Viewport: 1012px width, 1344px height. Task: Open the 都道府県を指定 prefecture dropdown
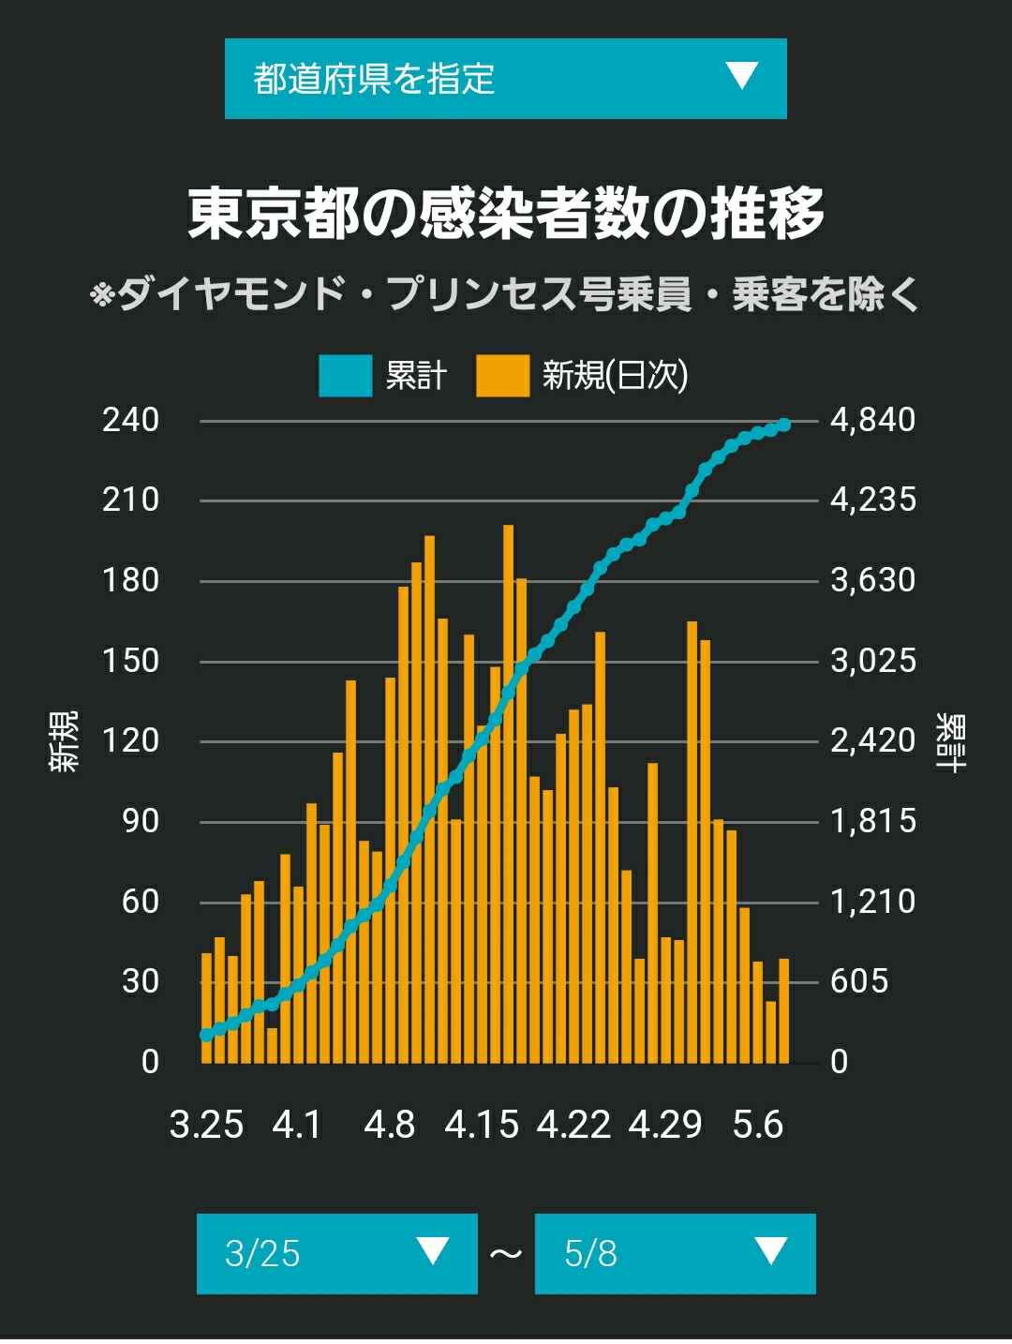506,79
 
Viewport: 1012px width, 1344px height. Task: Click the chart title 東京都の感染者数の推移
506,213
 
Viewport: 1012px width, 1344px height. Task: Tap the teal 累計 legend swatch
345,375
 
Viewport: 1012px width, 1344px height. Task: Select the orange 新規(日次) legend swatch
502,375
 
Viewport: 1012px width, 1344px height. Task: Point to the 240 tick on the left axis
130,420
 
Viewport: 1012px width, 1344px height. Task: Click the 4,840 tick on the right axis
872,420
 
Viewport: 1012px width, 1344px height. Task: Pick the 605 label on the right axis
859,981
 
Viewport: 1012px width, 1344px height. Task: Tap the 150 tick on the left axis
130,661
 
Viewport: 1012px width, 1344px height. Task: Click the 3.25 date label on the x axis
206,1125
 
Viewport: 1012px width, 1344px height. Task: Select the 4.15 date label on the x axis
482,1125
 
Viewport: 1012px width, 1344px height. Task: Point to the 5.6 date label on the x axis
758,1125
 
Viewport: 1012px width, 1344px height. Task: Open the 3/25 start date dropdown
336,1253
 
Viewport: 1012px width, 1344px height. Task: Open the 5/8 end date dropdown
676,1253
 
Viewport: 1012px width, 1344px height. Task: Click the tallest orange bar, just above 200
508,793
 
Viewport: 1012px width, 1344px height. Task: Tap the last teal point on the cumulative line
785,425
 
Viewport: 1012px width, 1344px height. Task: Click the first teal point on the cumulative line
206,1036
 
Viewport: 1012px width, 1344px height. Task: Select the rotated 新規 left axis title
64,740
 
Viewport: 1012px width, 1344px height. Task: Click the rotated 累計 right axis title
951,742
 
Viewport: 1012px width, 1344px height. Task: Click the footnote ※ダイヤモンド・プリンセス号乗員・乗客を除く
504,294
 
